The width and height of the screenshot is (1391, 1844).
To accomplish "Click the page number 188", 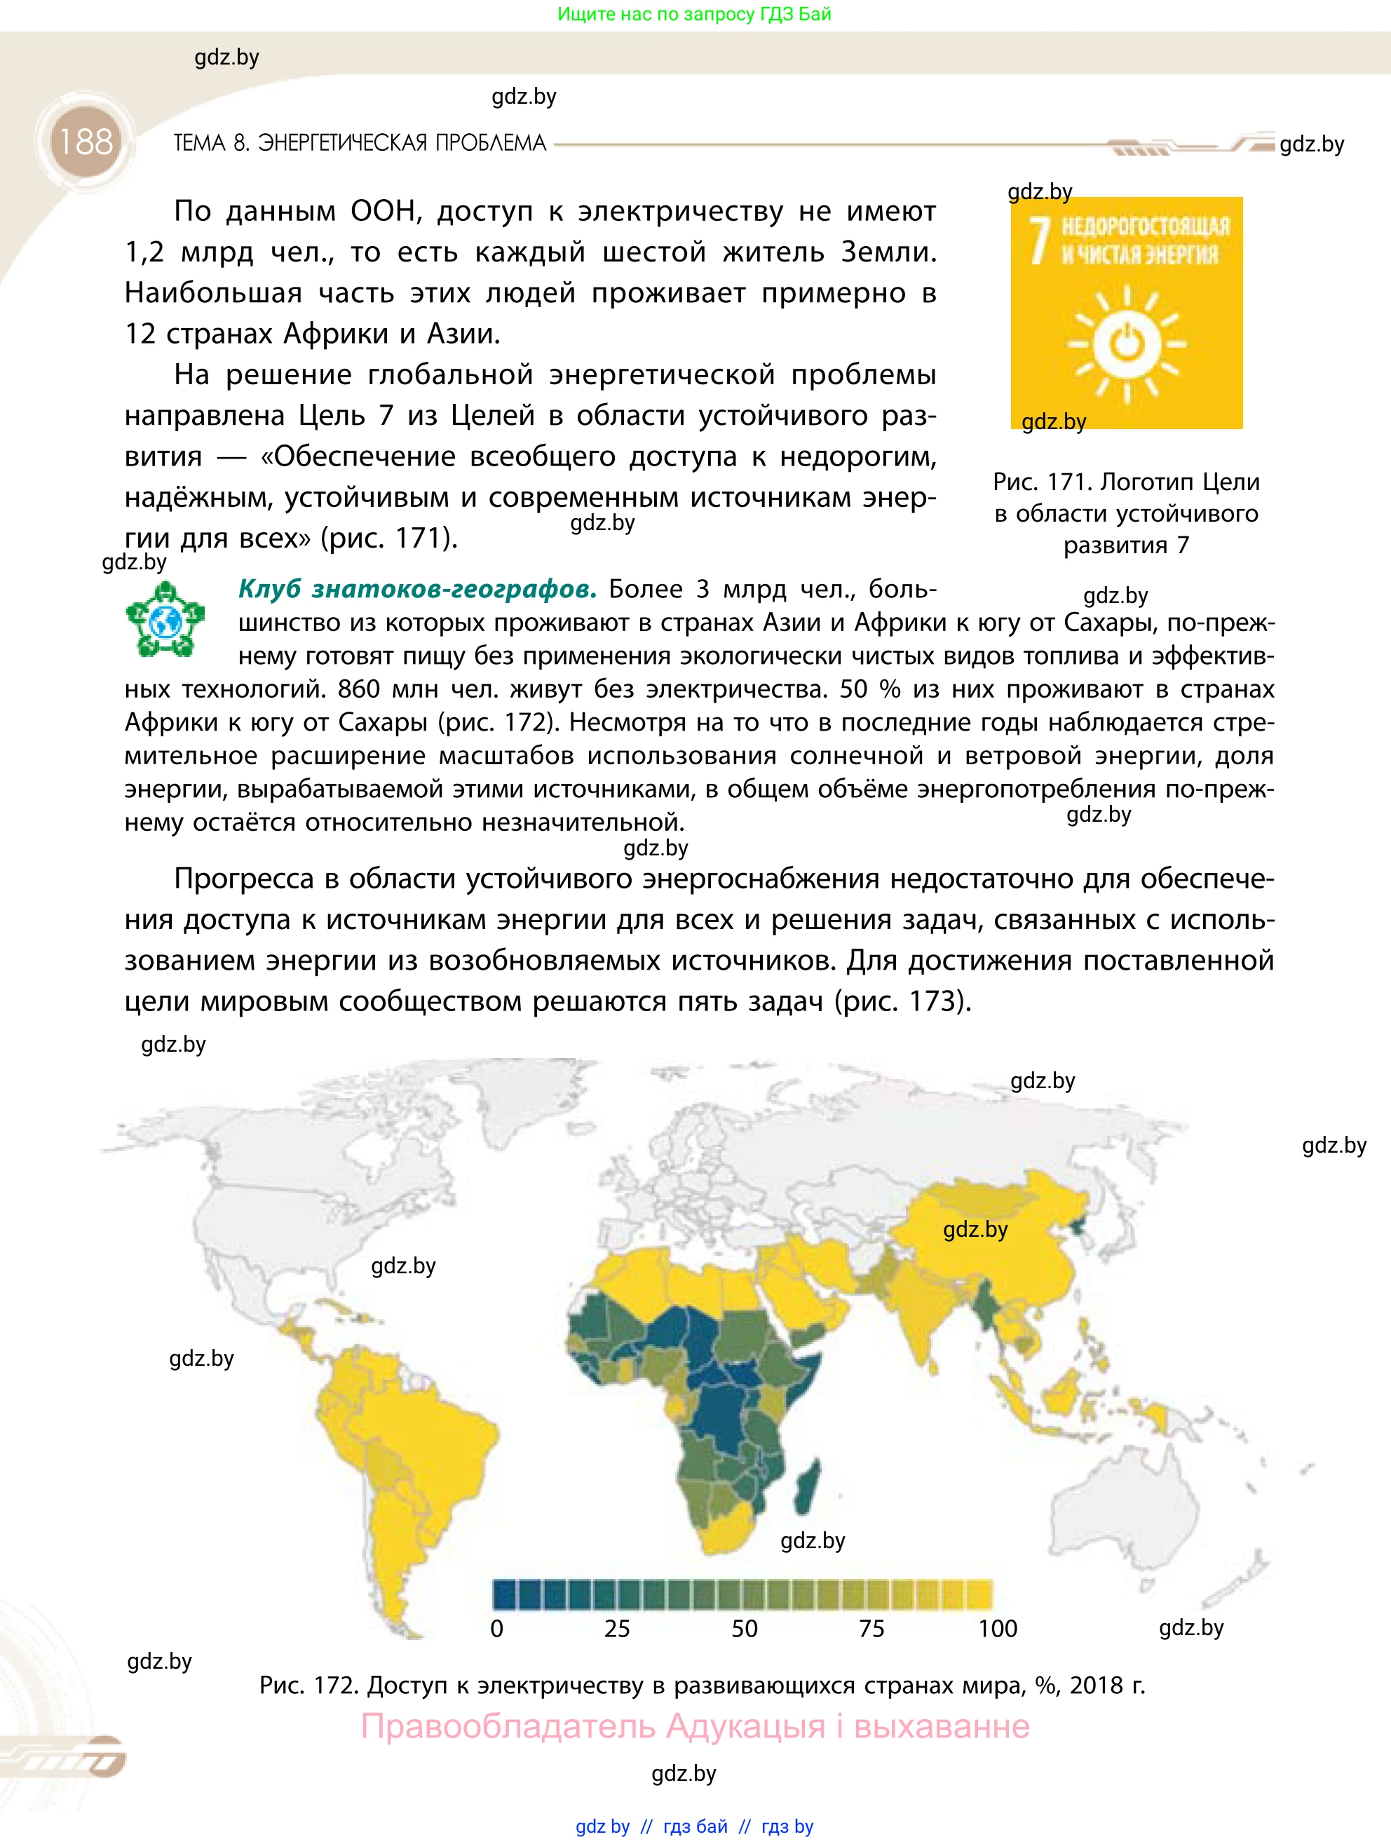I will click(85, 142).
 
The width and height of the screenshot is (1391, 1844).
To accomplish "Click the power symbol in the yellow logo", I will click(1127, 343).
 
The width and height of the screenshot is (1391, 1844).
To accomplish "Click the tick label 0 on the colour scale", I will click(496, 1629).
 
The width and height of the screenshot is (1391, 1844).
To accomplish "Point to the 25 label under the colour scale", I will click(617, 1629).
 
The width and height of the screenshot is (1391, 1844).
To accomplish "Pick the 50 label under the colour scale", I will click(745, 1629).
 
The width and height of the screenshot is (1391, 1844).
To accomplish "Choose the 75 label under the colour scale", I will click(871, 1629).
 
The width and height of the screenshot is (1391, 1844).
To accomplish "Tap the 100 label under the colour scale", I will click(998, 1629).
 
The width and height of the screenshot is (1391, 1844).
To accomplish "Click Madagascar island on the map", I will click(807, 1488).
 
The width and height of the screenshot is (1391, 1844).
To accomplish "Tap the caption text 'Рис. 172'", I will click(308, 1686).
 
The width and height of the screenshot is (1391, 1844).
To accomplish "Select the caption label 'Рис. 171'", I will click(1042, 482).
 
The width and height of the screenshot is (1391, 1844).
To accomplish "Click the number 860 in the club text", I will click(358, 689).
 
